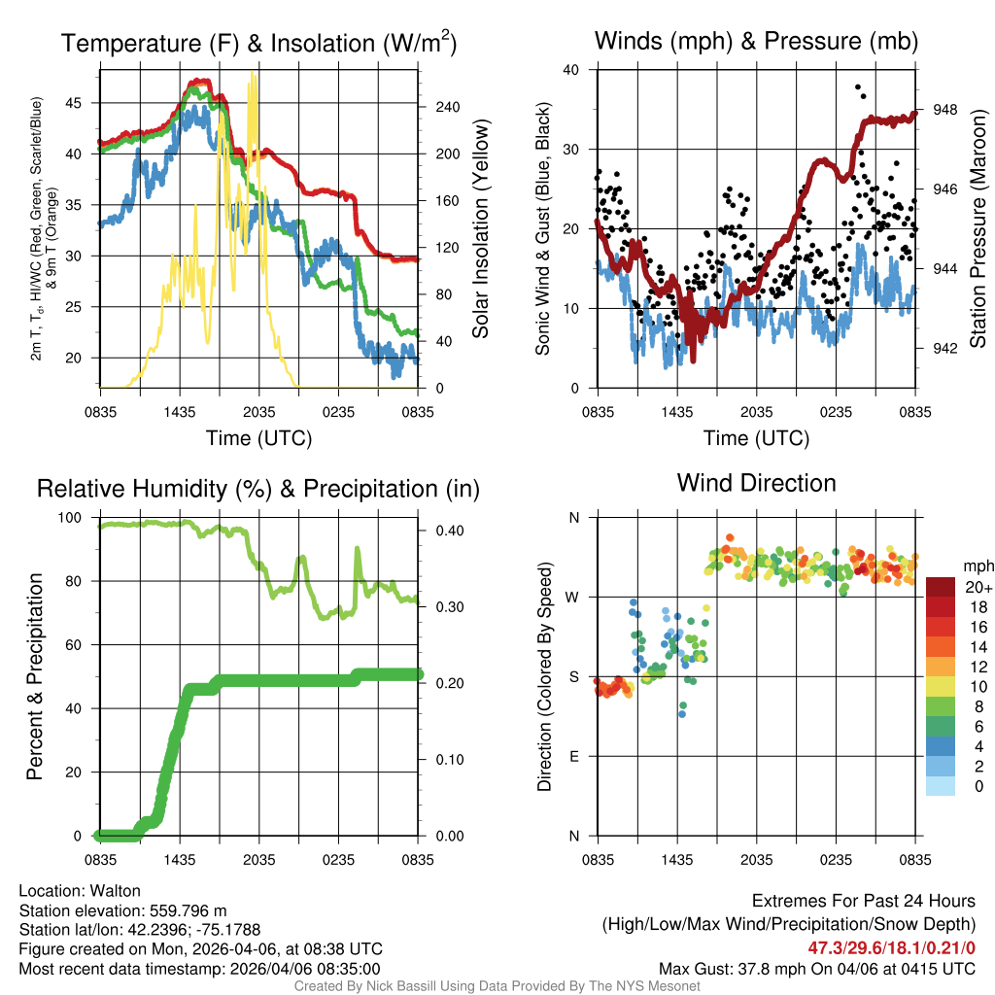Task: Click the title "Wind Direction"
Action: point(756,483)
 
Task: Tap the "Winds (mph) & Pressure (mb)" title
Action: point(756,41)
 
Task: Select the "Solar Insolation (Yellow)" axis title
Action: point(480,228)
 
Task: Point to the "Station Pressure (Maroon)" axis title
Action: point(978,228)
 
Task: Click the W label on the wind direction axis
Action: point(573,597)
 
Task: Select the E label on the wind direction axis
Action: point(574,756)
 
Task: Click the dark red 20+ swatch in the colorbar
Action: point(942,588)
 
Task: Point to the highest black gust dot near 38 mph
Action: point(858,87)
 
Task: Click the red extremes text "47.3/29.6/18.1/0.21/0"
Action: point(892,947)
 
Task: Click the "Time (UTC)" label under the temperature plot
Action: point(258,438)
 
